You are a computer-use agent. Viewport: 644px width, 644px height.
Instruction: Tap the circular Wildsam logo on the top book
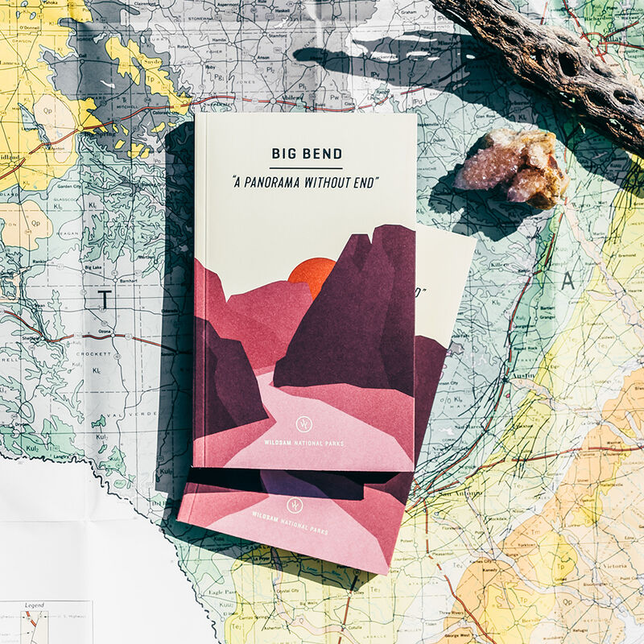(304, 423)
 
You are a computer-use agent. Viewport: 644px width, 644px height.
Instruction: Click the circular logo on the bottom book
(294, 505)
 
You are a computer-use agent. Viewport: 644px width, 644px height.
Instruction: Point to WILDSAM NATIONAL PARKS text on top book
(304, 444)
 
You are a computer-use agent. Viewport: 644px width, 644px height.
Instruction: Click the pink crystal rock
(510, 170)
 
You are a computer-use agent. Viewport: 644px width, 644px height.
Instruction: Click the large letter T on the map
(105, 299)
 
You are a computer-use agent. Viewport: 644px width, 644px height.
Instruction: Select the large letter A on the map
(568, 280)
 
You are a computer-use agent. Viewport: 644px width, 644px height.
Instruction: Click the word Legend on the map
(34, 605)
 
